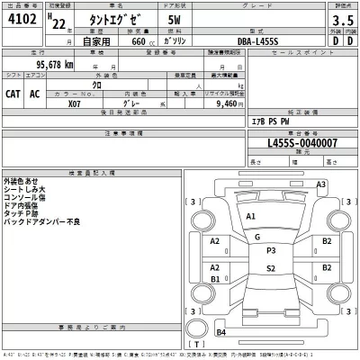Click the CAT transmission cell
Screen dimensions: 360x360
14,92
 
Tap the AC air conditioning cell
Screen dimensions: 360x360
37,92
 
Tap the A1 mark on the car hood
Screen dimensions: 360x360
251,218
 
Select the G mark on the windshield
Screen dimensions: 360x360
257,237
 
